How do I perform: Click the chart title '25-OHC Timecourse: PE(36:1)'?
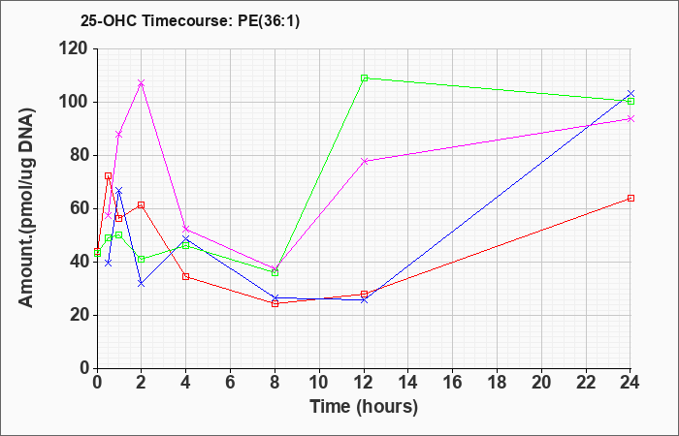[x=190, y=20]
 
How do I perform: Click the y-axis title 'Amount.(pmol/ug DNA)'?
[x=26, y=207]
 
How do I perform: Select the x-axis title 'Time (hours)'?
[x=364, y=407]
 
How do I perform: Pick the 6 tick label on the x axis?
[x=231, y=383]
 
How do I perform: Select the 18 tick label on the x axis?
[x=497, y=383]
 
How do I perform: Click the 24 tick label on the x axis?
[x=630, y=383]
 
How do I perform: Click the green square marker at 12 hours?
[x=364, y=78]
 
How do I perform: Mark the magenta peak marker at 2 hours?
[x=141, y=83]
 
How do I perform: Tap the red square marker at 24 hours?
[x=630, y=198]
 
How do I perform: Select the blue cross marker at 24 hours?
[x=630, y=93]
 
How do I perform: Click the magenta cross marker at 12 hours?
[x=364, y=161]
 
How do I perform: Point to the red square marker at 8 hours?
[x=275, y=303]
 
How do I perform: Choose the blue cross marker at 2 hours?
[x=141, y=284]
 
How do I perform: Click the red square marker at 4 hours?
[x=186, y=277]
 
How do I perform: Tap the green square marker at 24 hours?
[x=630, y=101]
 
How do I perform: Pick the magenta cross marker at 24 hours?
[x=630, y=118]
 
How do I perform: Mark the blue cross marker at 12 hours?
[x=364, y=299]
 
